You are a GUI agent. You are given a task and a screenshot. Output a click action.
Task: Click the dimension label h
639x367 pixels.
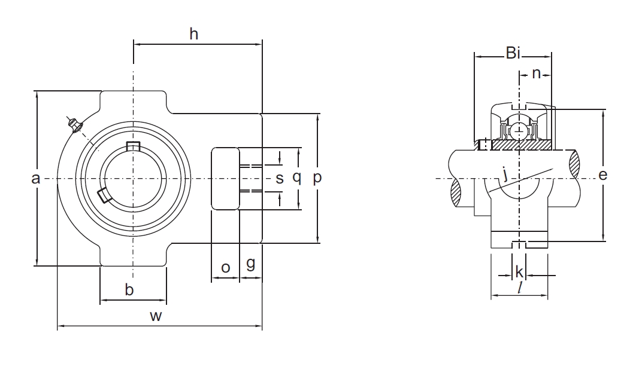pos(193,34)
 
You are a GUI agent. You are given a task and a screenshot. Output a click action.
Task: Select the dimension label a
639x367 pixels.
pos(35,178)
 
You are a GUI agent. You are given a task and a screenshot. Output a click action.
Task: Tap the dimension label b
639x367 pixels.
pos(129,290)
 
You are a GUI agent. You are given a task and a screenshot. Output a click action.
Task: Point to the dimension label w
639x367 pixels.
pos(156,317)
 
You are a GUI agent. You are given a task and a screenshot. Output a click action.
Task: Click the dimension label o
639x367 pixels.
pos(225,268)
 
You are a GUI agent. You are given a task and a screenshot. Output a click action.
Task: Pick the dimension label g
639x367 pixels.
pos(251,264)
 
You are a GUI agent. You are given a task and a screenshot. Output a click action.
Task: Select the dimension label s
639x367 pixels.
pos(279,178)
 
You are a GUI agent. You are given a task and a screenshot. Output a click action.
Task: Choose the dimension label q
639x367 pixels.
pos(296,178)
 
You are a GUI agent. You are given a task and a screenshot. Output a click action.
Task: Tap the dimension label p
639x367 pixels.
pos(317,178)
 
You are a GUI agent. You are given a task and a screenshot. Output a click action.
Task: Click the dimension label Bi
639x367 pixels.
pos(513,54)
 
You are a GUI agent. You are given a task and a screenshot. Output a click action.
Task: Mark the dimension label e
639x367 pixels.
pos(603,175)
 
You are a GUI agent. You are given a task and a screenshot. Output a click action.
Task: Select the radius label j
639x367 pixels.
pos(506,175)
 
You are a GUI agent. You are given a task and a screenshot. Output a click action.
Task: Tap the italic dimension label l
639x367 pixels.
pos(520,288)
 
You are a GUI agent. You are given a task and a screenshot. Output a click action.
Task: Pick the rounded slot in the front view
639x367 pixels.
pos(225,178)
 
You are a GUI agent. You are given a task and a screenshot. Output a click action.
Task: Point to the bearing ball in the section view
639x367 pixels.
pos(519,129)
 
